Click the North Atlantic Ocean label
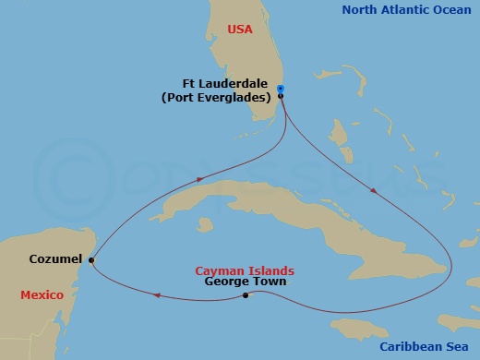(x=407, y=10)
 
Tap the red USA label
(x=241, y=30)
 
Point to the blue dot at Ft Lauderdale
(x=280, y=89)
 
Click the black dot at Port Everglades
(x=280, y=96)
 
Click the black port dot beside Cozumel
(x=91, y=260)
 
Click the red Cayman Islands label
(x=245, y=270)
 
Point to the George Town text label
(x=246, y=282)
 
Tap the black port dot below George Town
(x=246, y=295)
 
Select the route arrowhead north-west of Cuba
(x=197, y=180)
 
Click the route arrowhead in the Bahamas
(x=372, y=192)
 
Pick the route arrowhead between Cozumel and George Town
(x=158, y=295)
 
